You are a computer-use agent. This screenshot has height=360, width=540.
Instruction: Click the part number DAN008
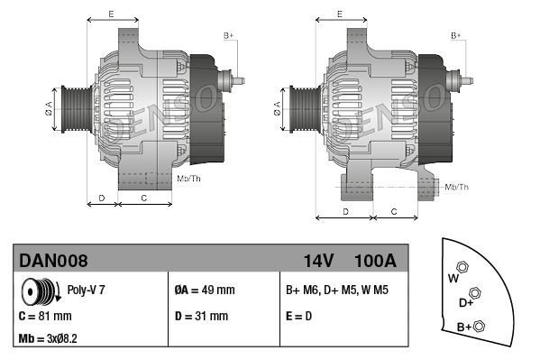click(x=53, y=261)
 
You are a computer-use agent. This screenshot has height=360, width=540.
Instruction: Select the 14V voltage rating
click(x=318, y=261)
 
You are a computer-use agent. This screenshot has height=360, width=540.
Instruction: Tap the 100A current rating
click(x=375, y=261)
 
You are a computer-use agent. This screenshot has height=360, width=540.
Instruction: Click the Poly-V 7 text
click(x=86, y=290)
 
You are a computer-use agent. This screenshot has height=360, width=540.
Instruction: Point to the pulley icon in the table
click(x=41, y=291)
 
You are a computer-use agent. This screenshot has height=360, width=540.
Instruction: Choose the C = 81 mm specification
click(x=45, y=316)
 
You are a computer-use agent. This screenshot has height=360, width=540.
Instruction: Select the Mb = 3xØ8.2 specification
click(x=48, y=338)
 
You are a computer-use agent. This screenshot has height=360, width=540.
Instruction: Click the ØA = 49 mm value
click(x=205, y=290)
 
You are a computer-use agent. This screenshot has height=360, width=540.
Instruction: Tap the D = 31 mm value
click(x=201, y=316)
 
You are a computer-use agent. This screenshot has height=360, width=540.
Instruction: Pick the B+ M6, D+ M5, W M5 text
click(x=337, y=290)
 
